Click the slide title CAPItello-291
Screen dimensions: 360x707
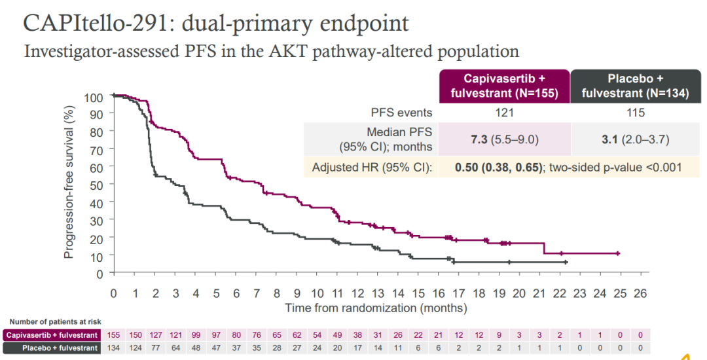216,23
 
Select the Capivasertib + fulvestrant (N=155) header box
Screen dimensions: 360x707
504,86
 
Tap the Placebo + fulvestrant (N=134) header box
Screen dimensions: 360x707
635,86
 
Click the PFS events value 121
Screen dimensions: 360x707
504,113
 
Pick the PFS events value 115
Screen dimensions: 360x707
635,113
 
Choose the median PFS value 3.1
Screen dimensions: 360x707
608,139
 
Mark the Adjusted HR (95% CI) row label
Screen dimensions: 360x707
372,167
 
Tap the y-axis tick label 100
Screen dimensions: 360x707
94,98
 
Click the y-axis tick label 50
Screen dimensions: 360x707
96,186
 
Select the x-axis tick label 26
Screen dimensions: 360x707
640,293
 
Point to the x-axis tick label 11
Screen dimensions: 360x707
336,293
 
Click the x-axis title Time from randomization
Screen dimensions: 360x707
376,307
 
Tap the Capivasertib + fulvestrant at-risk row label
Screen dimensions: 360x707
53,335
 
